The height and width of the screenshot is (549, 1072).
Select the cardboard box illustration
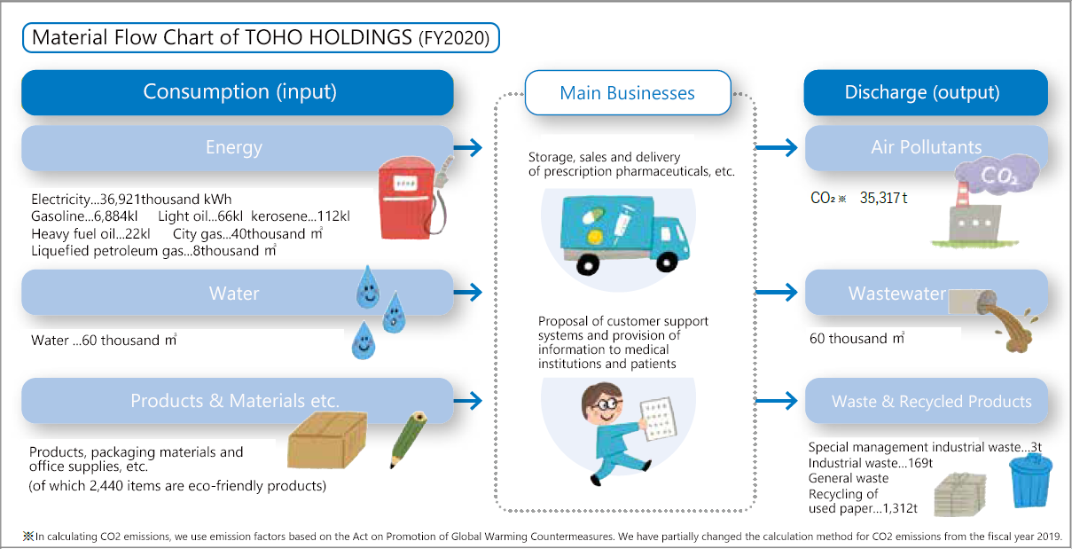coord(327,440)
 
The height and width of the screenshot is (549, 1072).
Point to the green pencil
coord(408,439)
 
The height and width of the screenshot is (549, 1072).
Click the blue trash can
coord(1030,481)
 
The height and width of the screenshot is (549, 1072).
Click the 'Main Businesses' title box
coord(628,93)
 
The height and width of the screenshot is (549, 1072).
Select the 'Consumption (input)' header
coord(238,92)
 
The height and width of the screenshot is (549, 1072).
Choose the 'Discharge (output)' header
coord(926,92)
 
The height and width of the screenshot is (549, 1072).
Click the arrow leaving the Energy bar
coord(467,147)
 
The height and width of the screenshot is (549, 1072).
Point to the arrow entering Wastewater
coord(776,292)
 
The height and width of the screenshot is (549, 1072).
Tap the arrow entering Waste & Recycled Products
coord(776,401)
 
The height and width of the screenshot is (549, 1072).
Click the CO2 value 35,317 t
coord(883,198)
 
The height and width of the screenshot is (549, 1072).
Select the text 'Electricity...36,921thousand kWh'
coord(131,200)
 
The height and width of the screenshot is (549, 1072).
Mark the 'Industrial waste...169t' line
coord(871,463)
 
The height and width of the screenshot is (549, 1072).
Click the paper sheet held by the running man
coord(659,419)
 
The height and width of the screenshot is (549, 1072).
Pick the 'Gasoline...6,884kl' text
coord(84,216)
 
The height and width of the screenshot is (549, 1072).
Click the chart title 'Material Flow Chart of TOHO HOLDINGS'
coord(222,37)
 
